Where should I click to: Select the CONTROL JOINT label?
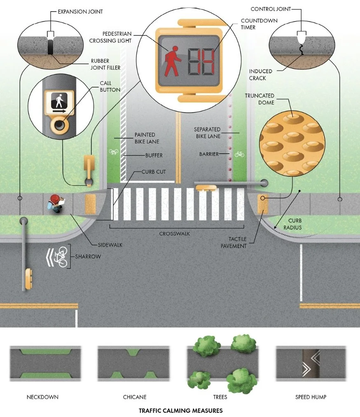pos(271,9)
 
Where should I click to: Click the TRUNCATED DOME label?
pos(259,99)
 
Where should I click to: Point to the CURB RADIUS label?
pos(295,224)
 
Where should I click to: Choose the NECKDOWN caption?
pos(42,397)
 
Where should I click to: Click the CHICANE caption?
pos(135,397)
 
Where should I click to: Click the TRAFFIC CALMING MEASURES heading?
pos(180,410)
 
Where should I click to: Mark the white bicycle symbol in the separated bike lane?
pos(239,154)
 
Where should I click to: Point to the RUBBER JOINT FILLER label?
pos(106,65)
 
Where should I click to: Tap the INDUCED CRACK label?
pos(257,75)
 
